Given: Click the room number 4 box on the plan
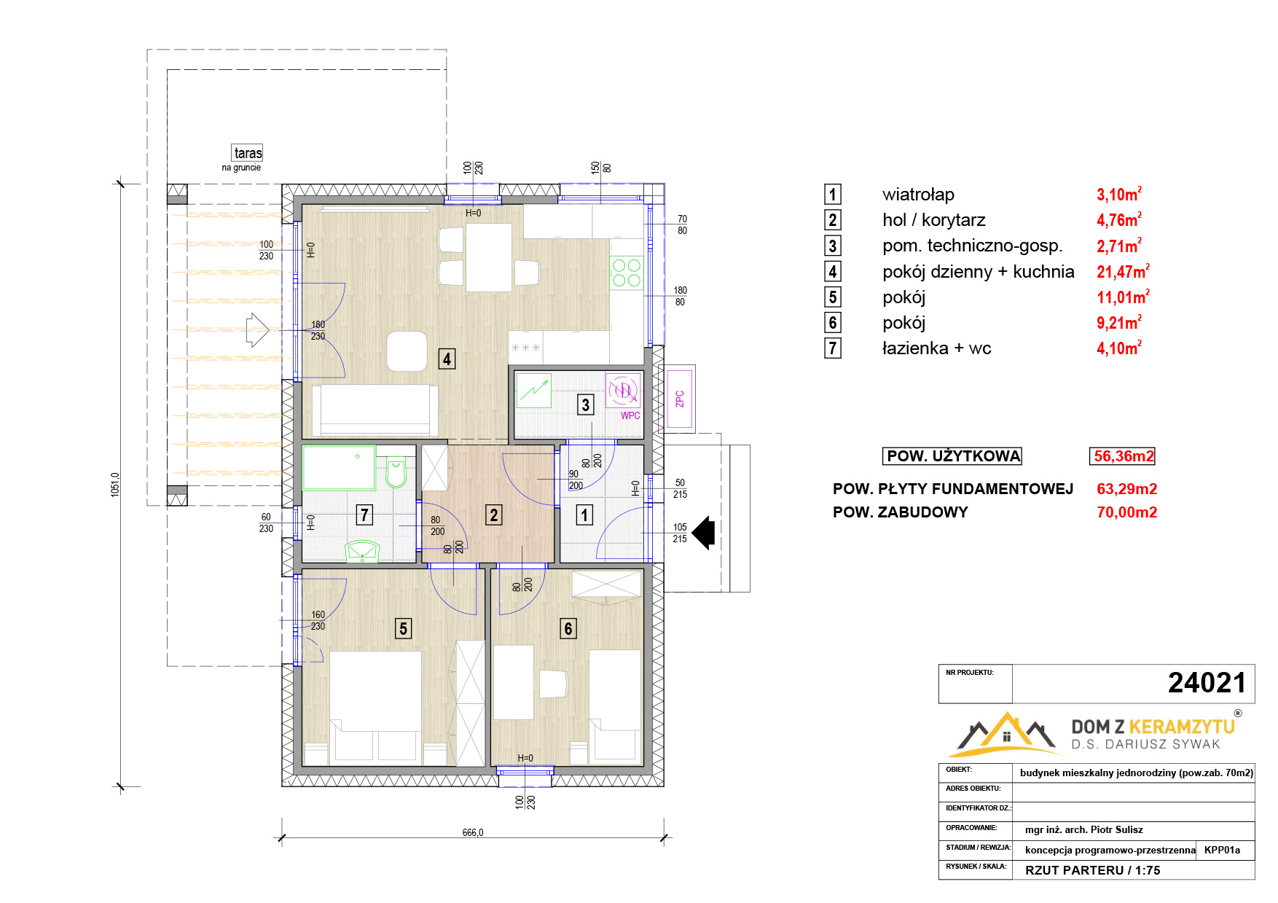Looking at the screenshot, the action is click(x=447, y=359).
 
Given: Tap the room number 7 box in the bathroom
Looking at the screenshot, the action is click(x=364, y=515).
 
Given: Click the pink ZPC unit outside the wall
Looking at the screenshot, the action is click(x=680, y=399).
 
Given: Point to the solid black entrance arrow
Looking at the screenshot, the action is click(x=703, y=533).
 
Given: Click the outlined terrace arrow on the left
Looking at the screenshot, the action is click(x=257, y=330).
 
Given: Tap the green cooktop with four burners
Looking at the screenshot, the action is click(x=627, y=273).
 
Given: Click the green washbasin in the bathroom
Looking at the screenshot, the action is click(x=362, y=551).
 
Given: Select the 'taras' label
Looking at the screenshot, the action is click(x=248, y=153).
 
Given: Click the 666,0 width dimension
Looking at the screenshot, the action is click(x=473, y=832).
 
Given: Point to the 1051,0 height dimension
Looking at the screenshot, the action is click(x=115, y=485).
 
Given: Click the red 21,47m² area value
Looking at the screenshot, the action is click(x=1123, y=271).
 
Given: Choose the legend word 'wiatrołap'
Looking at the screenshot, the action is click(x=918, y=195).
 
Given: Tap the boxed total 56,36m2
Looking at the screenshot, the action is click(x=1123, y=456).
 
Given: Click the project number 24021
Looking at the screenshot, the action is click(x=1207, y=683).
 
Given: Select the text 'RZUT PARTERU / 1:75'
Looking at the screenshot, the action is click(x=1092, y=870).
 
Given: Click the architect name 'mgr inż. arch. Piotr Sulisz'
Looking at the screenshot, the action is click(x=1083, y=829).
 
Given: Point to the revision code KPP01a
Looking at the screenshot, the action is click(x=1222, y=850).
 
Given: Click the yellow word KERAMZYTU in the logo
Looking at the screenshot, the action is click(x=1181, y=727).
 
